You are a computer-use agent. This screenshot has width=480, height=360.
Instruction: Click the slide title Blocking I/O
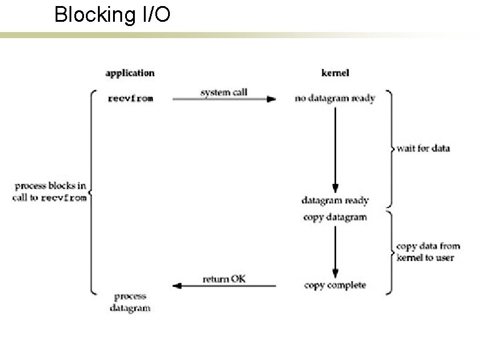(x=112, y=15)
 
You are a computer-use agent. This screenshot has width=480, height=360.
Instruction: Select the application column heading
(x=130, y=73)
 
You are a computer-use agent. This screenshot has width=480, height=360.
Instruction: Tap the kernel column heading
(x=334, y=73)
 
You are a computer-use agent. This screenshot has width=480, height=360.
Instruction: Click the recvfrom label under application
(x=130, y=99)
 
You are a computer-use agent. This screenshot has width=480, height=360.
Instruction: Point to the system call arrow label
(x=224, y=92)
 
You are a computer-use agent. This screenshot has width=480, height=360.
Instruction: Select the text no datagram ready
(x=335, y=99)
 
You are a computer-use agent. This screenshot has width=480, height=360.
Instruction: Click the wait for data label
(x=423, y=148)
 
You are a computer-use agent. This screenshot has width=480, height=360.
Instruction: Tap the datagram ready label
(x=335, y=200)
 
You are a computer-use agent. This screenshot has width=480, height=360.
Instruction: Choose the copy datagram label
(x=335, y=217)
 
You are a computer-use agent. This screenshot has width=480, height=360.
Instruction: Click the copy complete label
(x=335, y=285)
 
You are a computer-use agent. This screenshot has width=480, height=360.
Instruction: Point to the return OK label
(x=224, y=279)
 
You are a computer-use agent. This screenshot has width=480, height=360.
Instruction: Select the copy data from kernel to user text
(x=427, y=252)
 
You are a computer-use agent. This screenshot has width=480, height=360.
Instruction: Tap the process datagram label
(x=130, y=302)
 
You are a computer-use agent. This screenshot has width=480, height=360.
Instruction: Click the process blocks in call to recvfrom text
(x=50, y=192)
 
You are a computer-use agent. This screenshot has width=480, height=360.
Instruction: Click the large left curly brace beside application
(x=91, y=192)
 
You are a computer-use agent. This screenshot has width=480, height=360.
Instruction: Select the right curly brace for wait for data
(x=389, y=148)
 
